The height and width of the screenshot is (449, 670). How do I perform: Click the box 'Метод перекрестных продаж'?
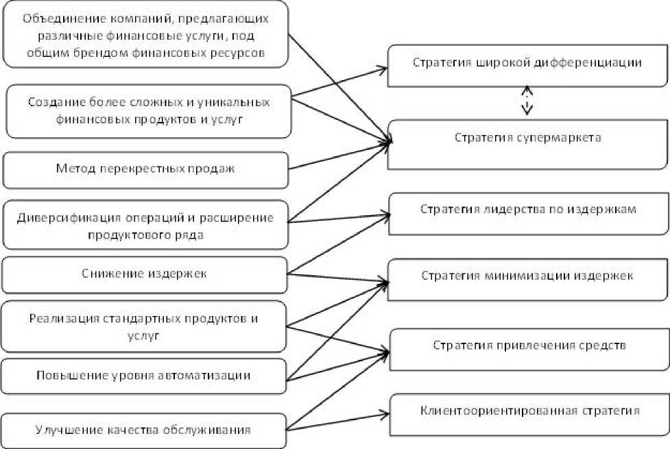tap(145, 169)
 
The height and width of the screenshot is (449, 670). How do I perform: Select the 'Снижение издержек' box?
tap(145, 274)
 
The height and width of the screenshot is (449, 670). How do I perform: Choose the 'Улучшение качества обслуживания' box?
tap(143, 430)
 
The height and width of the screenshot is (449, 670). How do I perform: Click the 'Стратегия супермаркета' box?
tap(527, 144)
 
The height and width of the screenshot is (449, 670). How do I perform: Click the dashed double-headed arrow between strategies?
tap(526, 101)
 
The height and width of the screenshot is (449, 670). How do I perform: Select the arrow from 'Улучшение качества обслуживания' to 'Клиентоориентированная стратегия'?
tap(336, 420)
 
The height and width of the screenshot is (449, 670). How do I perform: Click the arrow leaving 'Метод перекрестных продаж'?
tap(339, 156)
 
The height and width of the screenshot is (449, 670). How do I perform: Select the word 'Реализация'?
tap(62, 319)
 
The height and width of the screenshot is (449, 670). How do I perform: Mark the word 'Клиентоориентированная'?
tap(492, 411)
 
